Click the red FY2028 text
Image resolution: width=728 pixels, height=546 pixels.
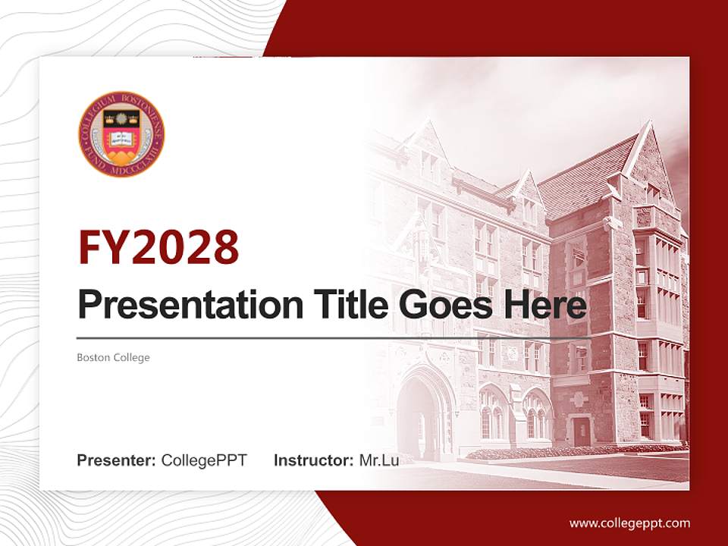click(158, 247)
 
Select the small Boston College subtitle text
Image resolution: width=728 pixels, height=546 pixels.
click(113, 357)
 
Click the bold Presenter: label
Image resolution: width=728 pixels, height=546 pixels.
click(117, 460)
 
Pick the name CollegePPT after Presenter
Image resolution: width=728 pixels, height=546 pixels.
click(204, 460)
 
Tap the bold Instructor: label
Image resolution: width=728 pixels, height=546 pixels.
click(313, 460)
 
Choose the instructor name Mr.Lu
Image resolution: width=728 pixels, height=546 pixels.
click(379, 460)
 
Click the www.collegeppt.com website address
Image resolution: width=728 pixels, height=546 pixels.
click(629, 522)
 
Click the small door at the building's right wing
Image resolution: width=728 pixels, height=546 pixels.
click(581, 431)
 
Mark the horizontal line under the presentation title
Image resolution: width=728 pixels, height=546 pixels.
click(334, 337)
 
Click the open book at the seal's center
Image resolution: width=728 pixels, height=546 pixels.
click(121, 138)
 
